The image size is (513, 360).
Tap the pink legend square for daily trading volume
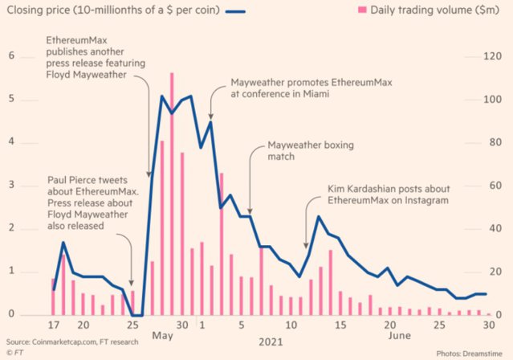(362, 10)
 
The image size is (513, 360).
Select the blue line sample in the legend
(235, 12)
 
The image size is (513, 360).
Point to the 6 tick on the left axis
(12, 55)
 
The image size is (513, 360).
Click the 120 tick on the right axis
(492, 56)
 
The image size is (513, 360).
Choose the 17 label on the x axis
(54, 325)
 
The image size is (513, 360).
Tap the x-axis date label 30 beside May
(182, 325)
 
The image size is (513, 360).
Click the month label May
(162, 336)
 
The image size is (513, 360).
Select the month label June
(399, 336)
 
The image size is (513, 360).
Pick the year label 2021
(271, 342)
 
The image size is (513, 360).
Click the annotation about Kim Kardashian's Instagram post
(389, 194)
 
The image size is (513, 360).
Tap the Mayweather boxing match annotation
(311, 151)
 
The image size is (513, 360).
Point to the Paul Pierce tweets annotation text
(93, 202)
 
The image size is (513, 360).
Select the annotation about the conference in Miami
(311, 88)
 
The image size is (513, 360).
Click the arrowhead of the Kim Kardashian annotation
(306, 246)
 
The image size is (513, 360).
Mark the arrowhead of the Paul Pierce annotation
(131, 284)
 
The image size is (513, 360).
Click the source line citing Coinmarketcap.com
(72, 342)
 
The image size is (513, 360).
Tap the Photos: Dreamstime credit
(469, 354)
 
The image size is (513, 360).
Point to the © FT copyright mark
(14, 353)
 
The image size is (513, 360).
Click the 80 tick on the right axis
(495, 142)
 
